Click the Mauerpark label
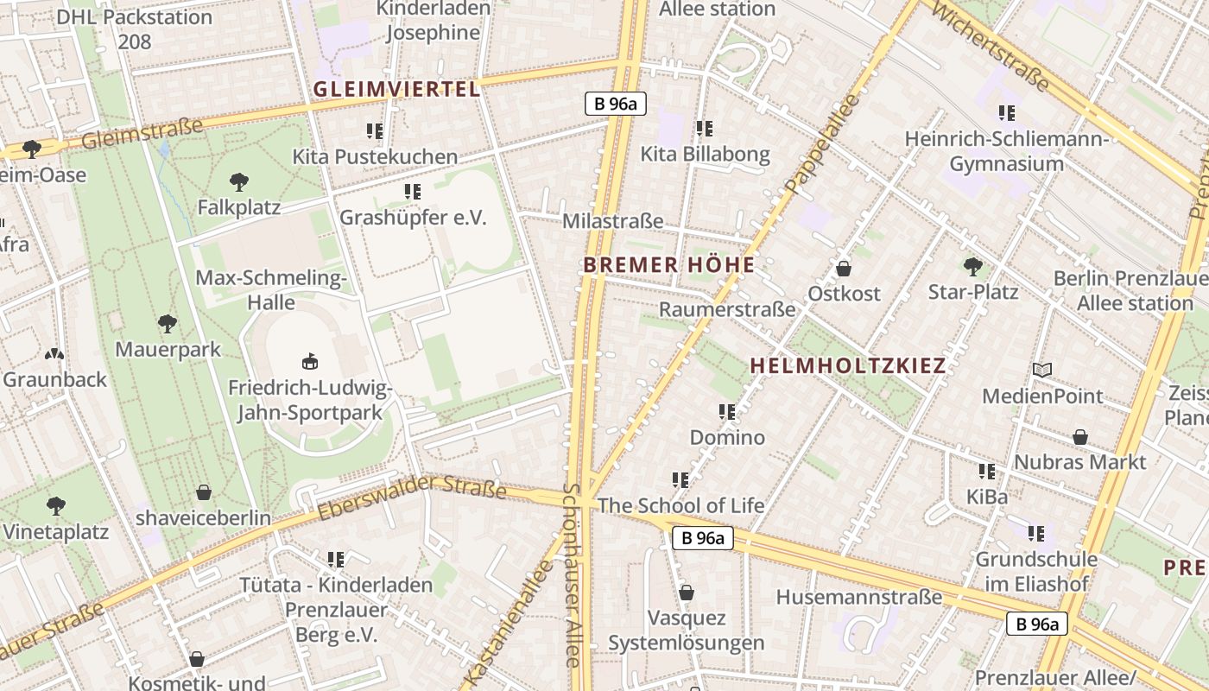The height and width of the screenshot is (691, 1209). pos(168,350)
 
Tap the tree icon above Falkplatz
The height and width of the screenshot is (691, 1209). pos(239,182)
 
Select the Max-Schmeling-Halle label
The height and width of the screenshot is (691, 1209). pos(271,290)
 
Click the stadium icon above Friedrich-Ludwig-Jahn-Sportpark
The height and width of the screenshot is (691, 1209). pos(309,362)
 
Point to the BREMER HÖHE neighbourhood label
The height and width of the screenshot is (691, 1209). pos(669,265)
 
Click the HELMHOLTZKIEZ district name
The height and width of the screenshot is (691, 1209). pos(848,365)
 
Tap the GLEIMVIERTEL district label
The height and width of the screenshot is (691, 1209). pos(396,89)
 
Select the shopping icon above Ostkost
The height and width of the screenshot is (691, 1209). pos(844,269)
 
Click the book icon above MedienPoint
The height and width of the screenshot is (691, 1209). pos(1042,371)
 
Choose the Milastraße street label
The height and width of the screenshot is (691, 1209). pos(613,221)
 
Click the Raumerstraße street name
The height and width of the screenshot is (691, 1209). pos(727,309)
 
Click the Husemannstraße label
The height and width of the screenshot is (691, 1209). pos(859,597)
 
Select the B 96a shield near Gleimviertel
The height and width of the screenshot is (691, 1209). pos(616,105)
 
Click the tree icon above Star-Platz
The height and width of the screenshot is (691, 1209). pos(973,266)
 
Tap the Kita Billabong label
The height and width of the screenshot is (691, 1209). pos(705,155)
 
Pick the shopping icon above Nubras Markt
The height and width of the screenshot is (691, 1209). pos(1079,437)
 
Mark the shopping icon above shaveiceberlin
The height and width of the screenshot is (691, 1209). pos(204,492)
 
